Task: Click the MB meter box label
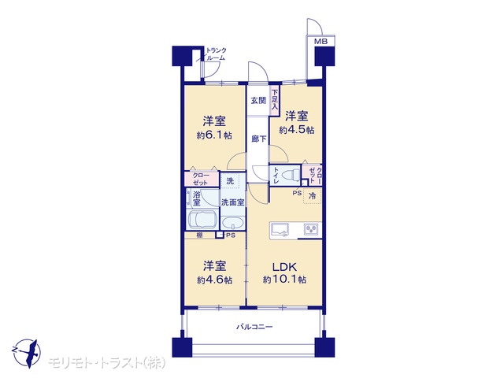click(321, 42)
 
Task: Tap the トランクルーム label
click(216, 54)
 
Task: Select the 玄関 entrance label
click(258, 101)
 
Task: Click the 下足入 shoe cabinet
click(275, 100)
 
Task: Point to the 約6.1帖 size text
click(214, 135)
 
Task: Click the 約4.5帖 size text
click(297, 130)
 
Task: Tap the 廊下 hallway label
click(259, 139)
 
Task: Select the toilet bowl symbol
click(290, 176)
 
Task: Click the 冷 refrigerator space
click(312, 196)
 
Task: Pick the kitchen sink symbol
click(280, 229)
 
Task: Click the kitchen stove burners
click(311, 229)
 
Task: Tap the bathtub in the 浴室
click(202, 219)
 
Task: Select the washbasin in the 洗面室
click(233, 222)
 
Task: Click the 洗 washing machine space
click(230, 181)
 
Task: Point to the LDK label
click(284, 267)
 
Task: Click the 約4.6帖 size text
click(215, 280)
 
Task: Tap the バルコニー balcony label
click(254, 328)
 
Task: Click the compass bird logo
click(26, 354)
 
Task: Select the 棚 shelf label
click(199, 235)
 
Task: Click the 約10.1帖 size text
click(284, 280)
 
